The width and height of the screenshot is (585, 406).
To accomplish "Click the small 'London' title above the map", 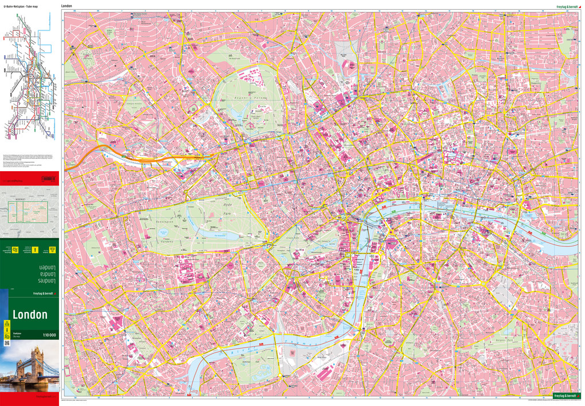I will point(67,5).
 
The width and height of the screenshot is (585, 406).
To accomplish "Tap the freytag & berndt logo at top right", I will point(560,5).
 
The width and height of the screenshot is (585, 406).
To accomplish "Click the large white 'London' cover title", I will point(30,315).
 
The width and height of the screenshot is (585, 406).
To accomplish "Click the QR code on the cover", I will point(7,343).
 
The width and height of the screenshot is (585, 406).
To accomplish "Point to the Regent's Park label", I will point(248,99).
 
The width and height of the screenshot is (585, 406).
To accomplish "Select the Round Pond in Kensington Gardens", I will point(163,231).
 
